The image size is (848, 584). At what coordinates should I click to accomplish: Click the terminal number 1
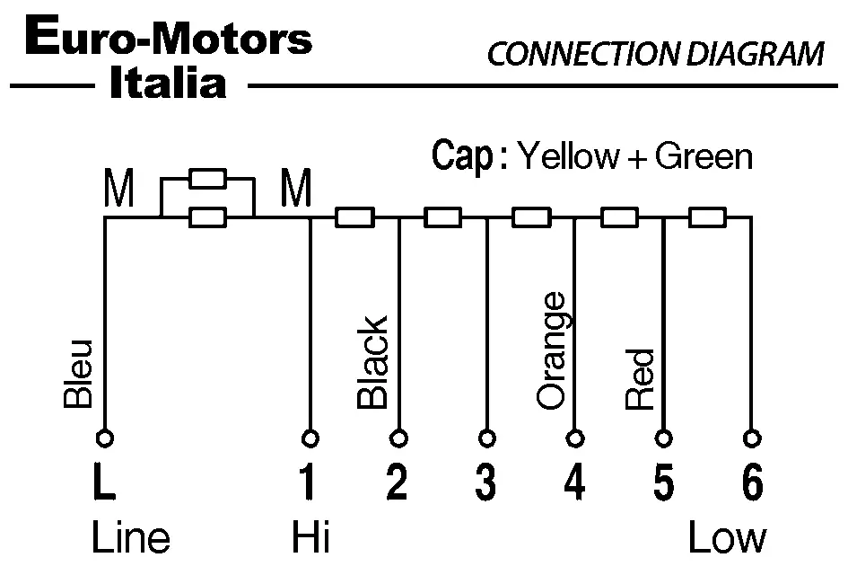coord(307,484)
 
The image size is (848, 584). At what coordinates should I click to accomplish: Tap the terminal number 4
coord(574,484)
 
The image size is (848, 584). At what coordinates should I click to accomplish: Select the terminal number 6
coord(752,484)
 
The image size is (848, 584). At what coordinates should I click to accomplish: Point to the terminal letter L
coord(104,484)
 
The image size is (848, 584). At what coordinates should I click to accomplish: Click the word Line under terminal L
coord(130,539)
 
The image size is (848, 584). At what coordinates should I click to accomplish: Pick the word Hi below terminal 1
coord(310,539)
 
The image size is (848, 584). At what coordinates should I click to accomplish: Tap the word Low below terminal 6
coord(727,539)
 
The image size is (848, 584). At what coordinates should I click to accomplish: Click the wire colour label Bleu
coord(79,375)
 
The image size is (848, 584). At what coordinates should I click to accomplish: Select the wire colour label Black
coord(372,362)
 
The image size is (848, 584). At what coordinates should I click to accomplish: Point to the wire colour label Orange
coord(551,350)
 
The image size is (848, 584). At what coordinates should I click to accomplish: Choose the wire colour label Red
coord(640,379)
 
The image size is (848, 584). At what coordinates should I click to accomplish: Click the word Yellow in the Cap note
coord(569,157)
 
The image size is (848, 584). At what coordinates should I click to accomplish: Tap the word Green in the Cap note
coord(704,157)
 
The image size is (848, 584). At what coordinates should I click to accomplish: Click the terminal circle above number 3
coord(486,438)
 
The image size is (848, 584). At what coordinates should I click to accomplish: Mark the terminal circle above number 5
coord(663,438)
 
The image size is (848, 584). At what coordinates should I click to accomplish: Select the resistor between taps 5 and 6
coord(707,217)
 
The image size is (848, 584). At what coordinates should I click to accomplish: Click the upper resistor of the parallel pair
coord(207,178)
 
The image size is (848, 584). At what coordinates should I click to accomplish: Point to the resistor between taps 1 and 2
coord(354,217)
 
